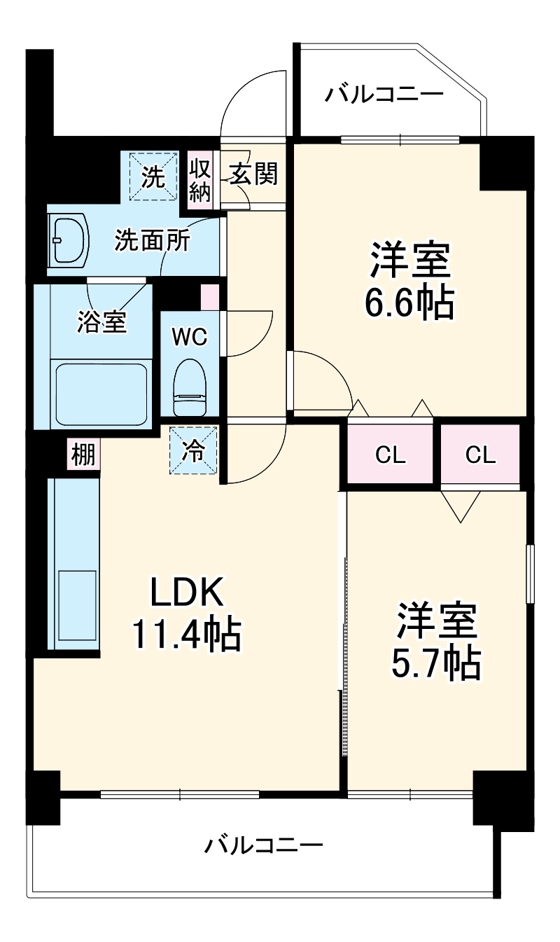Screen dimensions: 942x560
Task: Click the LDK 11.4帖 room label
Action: click(186, 614)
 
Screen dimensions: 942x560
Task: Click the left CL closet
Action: click(391, 455)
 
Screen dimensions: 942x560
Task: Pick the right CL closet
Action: click(480, 455)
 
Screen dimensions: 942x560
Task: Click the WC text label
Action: click(190, 337)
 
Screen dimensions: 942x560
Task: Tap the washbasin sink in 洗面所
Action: click(68, 240)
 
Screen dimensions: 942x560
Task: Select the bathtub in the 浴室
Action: click(101, 393)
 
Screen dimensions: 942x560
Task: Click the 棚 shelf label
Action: click(83, 456)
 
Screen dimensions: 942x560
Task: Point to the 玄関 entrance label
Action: click(253, 172)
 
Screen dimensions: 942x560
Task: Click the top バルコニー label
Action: click(384, 95)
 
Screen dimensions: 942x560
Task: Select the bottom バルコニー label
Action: click(264, 845)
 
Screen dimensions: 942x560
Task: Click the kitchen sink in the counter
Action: click(76, 609)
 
